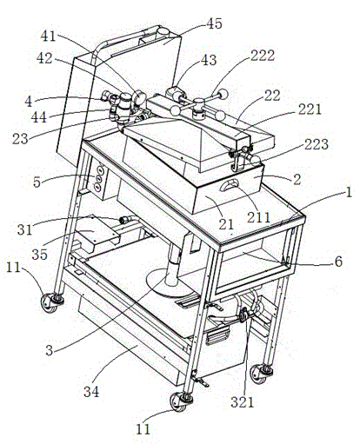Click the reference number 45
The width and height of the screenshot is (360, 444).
[x=214, y=23]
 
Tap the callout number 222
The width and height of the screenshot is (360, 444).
[x=263, y=55]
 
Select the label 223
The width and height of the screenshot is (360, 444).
[x=317, y=144]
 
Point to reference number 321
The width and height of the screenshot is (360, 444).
[x=242, y=402]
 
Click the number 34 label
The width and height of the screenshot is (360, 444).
[x=91, y=392]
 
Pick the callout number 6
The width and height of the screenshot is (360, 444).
[x=338, y=262]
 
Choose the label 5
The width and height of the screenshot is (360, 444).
[x=37, y=182]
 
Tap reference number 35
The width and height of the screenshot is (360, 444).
[x=39, y=255]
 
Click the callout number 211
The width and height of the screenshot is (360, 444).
[x=258, y=217]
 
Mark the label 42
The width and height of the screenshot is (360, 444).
[x=44, y=58]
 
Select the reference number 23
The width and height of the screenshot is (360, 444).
[x=20, y=138]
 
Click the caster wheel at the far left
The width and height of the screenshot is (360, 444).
[x=50, y=302]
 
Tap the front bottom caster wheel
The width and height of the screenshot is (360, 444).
[x=178, y=401]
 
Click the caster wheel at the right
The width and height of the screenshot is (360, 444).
[x=260, y=374]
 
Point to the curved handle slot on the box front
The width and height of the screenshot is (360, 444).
[x=230, y=184]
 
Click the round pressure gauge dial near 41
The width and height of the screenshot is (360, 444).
[x=140, y=96]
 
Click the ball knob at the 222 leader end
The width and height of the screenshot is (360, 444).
[x=223, y=94]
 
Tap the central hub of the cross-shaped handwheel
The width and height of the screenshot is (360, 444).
[x=199, y=104]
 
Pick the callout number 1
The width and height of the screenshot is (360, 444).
[x=349, y=192]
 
